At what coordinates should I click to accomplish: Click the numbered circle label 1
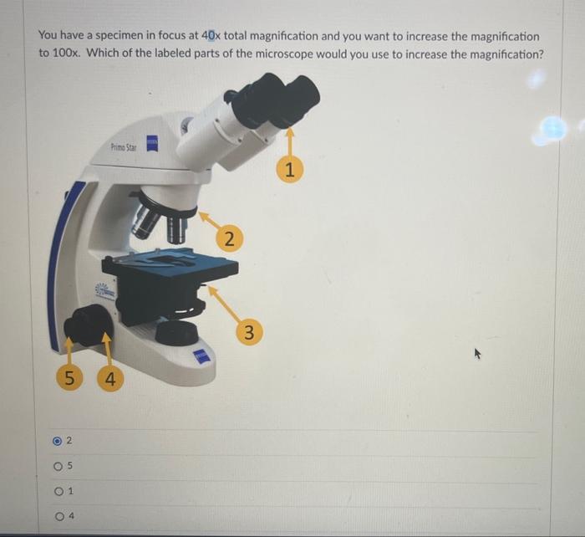click(x=289, y=171)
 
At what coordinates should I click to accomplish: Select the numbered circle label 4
click(x=109, y=379)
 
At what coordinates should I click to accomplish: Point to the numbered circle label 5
click(x=69, y=379)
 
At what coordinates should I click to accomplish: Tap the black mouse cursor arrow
click(x=479, y=354)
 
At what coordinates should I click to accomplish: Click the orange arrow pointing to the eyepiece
click(x=290, y=142)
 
